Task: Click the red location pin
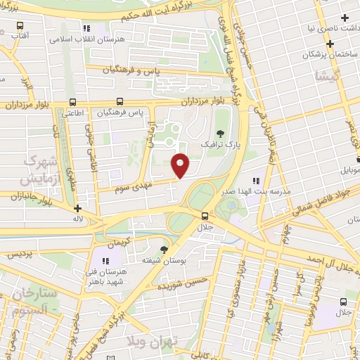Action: click(181, 165)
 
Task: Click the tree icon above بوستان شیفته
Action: click(165, 250)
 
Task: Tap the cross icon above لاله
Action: click(77, 208)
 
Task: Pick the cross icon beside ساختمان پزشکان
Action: click(328, 42)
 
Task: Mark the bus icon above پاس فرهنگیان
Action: click(122, 101)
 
